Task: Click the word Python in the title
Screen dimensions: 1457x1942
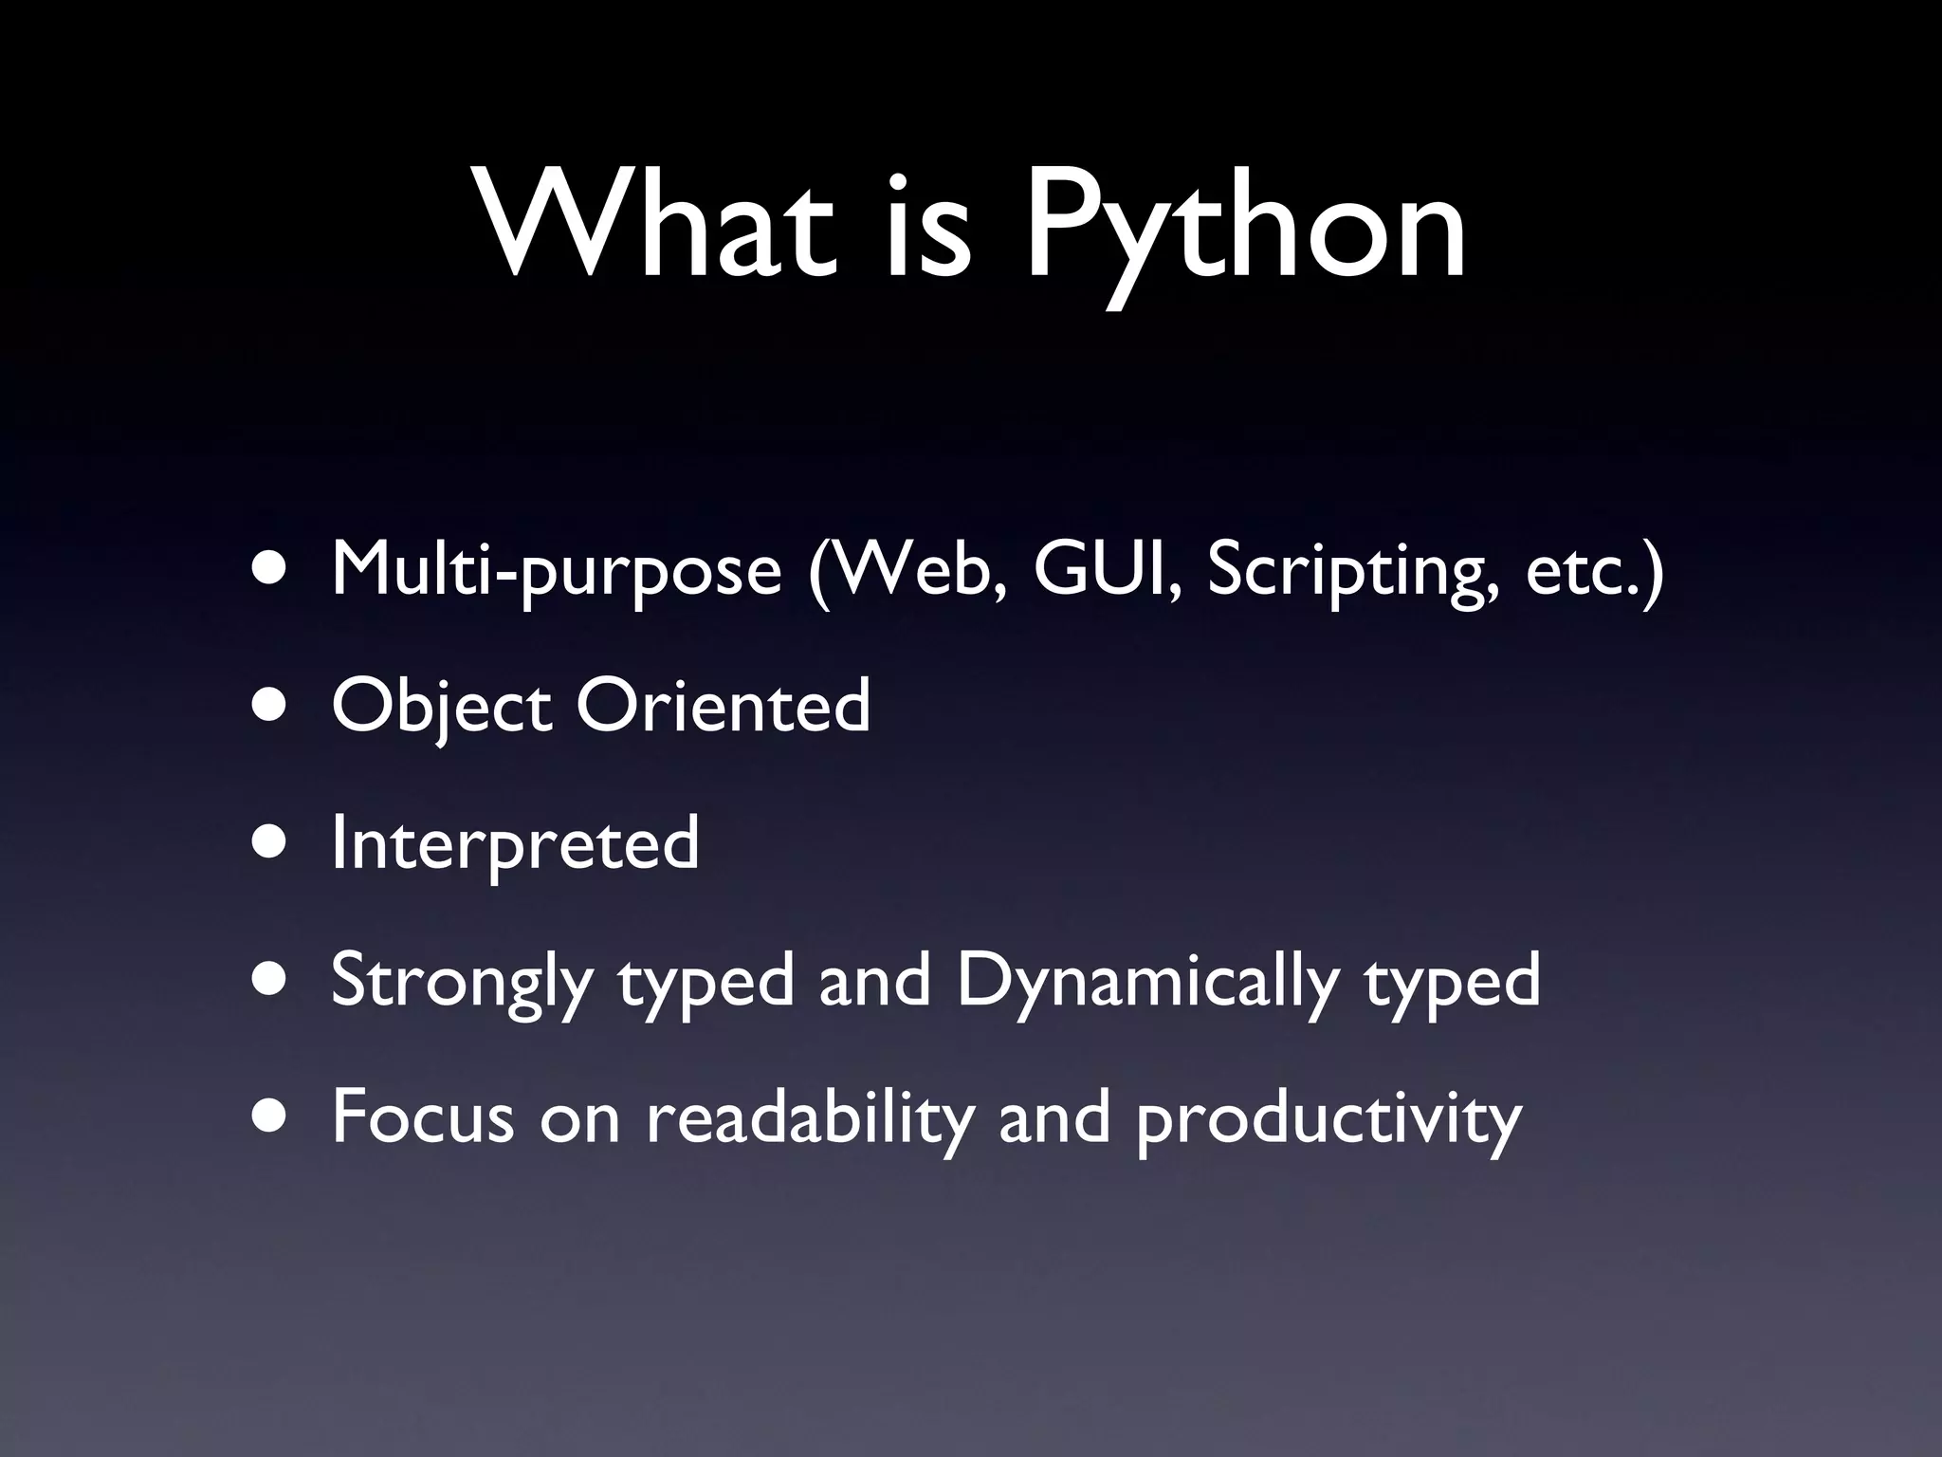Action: (1244, 228)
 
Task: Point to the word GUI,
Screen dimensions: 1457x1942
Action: (1108, 569)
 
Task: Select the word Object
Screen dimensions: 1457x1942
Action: (441, 707)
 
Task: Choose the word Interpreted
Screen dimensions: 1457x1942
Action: (515, 843)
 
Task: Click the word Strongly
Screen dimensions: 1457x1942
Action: (461, 982)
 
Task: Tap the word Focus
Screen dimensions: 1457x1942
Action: (422, 1116)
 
